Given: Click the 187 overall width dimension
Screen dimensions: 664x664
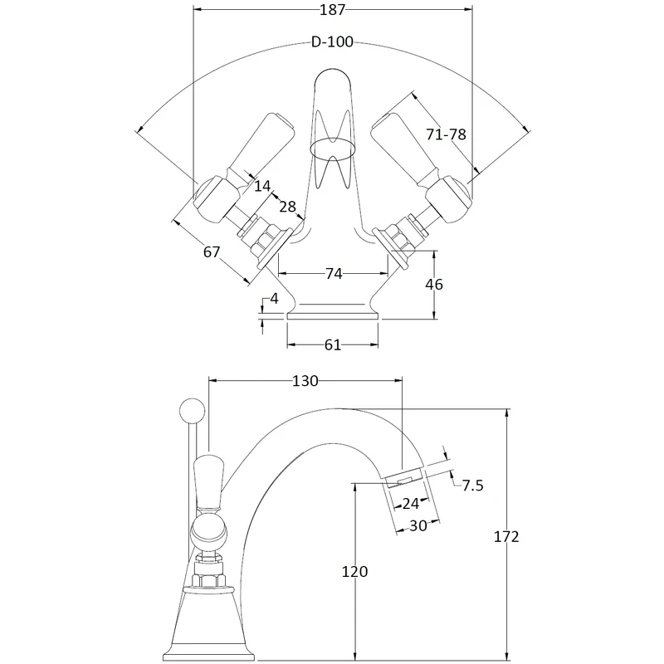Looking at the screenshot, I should [x=332, y=10].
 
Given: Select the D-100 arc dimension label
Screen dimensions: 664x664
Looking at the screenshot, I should [x=332, y=41].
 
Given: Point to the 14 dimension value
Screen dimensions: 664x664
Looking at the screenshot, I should [x=262, y=186].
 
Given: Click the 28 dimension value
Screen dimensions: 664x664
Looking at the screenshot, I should [x=287, y=206].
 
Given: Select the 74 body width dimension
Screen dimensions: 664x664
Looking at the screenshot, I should [x=333, y=273].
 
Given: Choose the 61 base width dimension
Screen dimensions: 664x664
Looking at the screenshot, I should [x=332, y=344].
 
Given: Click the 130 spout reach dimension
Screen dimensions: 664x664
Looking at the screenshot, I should [x=305, y=381].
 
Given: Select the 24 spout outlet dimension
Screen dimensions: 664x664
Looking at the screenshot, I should [x=409, y=502].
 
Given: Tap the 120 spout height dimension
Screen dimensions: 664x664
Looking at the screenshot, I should [x=354, y=571].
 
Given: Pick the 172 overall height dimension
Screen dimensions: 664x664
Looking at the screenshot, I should [x=505, y=537].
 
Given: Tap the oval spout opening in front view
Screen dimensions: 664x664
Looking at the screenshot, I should [x=332, y=150].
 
